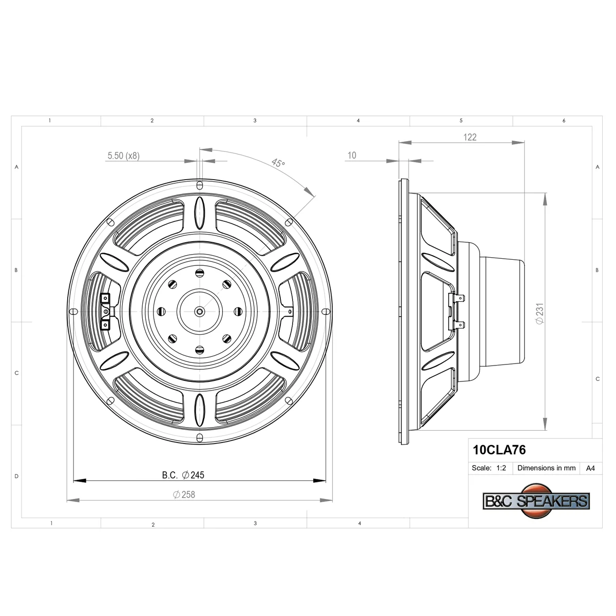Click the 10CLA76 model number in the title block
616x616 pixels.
[499, 450]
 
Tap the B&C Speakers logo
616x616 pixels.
[536, 501]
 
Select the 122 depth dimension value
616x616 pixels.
[470, 137]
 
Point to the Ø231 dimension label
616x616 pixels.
[540, 314]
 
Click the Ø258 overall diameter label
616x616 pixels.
[184, 495]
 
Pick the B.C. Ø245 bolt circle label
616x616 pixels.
[183, 475]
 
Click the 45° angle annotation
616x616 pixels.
[278, 163]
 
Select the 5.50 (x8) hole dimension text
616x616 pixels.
[123, 156]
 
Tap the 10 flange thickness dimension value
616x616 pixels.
[352, 156]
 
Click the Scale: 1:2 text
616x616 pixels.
[489, 468]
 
